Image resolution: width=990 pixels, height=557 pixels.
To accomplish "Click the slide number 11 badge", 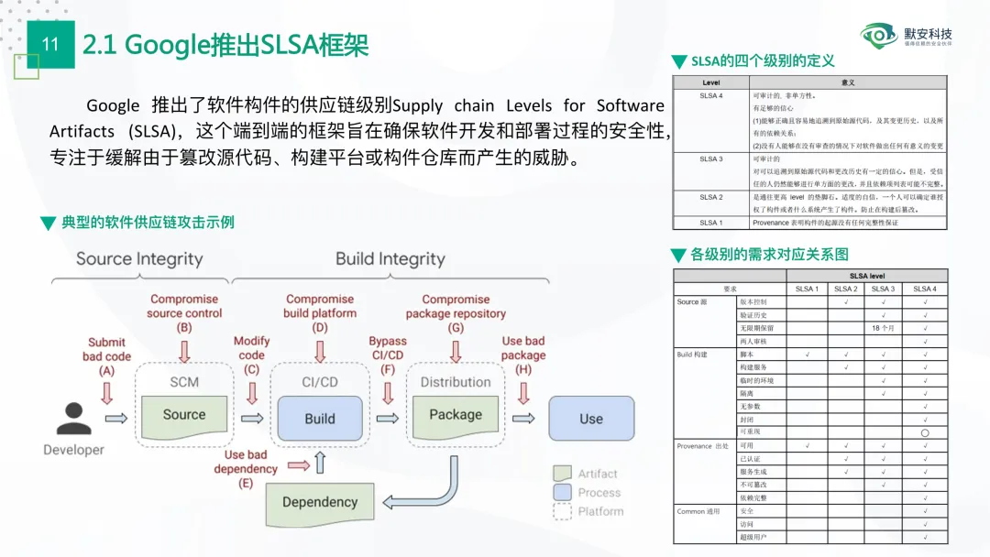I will pos(50,44).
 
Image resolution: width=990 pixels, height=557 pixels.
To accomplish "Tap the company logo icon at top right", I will pos(879,36).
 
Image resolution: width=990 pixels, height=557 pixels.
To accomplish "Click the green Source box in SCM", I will pos(184,415).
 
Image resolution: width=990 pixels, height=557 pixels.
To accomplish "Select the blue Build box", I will pos(320,418).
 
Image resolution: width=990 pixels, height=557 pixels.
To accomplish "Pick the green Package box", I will pos(456,415).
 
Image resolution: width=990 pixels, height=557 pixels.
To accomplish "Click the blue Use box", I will pos(591,419).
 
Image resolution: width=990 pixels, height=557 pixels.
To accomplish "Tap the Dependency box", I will pos(320,502).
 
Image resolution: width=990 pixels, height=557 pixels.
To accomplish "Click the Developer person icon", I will pos(73,418).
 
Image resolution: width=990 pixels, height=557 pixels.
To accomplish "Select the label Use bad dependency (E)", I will pos(246,468).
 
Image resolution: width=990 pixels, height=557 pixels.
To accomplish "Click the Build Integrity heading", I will pos(390,258).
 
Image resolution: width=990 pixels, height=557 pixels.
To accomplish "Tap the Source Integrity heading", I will pos(139,258).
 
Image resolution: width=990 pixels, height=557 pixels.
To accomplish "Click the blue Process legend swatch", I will pos(563,493).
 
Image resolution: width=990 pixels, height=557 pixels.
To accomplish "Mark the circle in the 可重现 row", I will pos(925,432).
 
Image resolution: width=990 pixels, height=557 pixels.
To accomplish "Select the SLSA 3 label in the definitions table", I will pos(710,158).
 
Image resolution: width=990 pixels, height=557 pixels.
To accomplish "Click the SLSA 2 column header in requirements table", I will pos(846,289).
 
